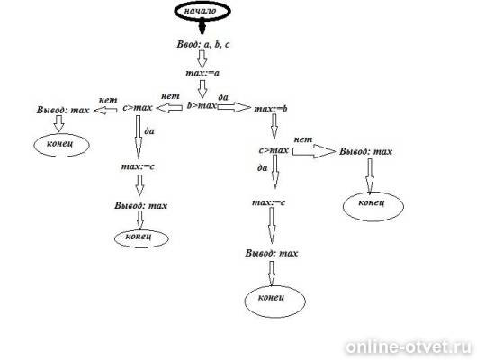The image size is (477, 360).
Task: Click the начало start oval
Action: (202, 12)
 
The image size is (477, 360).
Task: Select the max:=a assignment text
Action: (202, 73)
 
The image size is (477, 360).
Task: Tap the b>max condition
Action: (202, 105)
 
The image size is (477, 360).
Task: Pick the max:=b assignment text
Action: (270, 109)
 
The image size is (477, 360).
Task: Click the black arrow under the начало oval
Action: (202, 27)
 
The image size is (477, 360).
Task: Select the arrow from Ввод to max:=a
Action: (202, 58)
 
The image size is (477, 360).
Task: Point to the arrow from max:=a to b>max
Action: (202, 89)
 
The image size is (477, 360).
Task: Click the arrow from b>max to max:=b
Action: (234, 107)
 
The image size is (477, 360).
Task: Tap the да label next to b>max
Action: (223, 97)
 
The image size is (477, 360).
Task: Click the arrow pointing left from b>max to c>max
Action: (169, 107)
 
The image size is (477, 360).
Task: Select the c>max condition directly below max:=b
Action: (274, 150)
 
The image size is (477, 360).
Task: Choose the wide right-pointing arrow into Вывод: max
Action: (313, 151)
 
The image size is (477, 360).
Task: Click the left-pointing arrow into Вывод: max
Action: (105, 110)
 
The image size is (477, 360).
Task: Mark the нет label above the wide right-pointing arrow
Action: (303, 139)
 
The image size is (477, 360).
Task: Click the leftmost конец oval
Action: (61, 145)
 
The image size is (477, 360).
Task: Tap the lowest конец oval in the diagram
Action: (275, 301)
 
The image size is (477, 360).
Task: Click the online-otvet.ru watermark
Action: (409, 347)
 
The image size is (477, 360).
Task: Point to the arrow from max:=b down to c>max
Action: (274, 127)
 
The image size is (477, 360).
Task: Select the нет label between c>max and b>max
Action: (170, 96)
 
